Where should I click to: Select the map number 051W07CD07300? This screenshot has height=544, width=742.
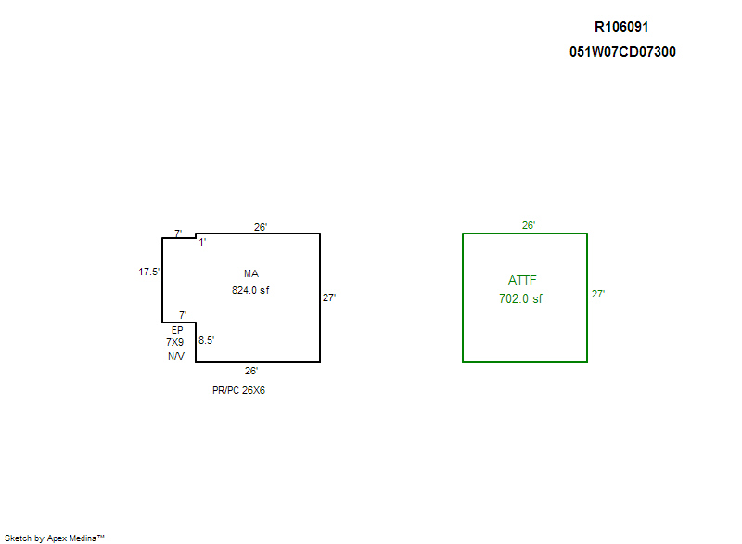click(x=622, y=52)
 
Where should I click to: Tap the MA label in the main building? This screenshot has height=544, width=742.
click(x=250, y=273)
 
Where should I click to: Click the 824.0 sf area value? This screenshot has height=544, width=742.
click(x=250, y=290)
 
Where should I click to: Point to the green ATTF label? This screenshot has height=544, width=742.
click(x=522, y=280)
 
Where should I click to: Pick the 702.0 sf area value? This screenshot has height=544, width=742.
click(x=520, y=298)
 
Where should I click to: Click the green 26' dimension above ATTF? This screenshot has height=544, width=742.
click(x=529, y=225)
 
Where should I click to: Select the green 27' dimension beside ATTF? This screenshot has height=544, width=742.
click(x=599, y=294)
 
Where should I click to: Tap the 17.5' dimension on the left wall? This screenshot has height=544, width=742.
click(x=149, y=272)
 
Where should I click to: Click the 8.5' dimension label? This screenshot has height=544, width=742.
click(x=207, y=340)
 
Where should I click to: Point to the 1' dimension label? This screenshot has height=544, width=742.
click(x=202, y=242)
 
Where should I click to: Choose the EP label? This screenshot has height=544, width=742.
click(x=177, y=329)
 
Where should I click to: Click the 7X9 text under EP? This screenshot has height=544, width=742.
click(x=176, y=342)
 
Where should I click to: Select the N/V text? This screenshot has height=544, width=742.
click(x=176, y=356)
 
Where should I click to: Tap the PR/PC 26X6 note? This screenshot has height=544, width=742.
click(x=239, y=390)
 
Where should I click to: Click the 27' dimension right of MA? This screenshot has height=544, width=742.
click(x=329, y=297)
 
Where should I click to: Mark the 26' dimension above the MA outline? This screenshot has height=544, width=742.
click(x=261, y=226)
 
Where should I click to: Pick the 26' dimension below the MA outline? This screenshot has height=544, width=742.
click(x=250, y=371)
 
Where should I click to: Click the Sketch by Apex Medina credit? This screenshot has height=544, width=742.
click(x=54, y=538)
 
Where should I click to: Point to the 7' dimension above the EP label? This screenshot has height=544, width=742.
click(x=183, y=315)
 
